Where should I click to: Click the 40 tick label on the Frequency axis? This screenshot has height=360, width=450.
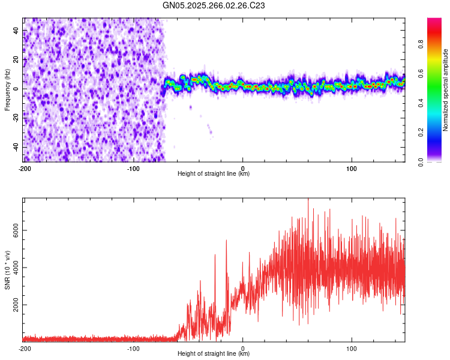pos(16,30)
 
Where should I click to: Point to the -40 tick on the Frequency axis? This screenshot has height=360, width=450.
pos(14,148)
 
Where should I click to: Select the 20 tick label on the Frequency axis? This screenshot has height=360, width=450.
pos(16,59)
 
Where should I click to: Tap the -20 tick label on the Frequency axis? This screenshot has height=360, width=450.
pos(14,118)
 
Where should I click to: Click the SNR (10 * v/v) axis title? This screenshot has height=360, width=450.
pos(7,270)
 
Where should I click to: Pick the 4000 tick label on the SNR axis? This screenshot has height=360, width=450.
pos(13,268)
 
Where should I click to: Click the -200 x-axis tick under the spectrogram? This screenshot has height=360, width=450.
pos(24,169)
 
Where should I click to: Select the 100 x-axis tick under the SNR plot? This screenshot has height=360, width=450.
pos(352,349)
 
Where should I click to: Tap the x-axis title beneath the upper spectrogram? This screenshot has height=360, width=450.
pos(214,174)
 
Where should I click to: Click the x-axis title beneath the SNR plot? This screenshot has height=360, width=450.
pos(214,354)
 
